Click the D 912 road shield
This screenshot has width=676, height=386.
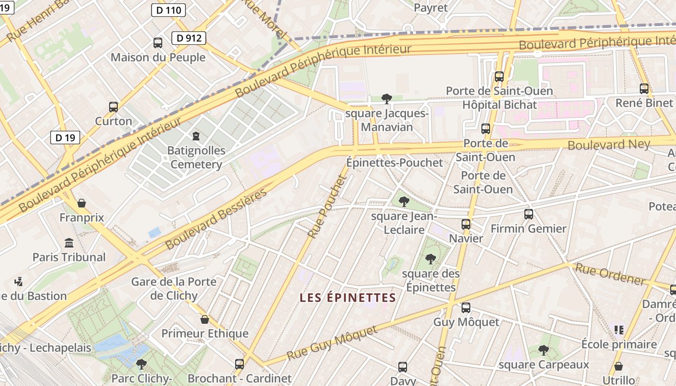[x=189, y=38]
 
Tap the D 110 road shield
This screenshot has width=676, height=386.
[x=169, y=10]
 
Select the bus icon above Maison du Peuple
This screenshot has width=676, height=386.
[x=158, y=43]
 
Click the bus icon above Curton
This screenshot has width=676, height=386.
[x=113, y=107]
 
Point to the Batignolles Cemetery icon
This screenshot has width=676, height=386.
[x=196, y=136]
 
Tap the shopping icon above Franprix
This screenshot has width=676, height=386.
[x=82, y=203]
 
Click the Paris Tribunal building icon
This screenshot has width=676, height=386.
[x=69, y=243]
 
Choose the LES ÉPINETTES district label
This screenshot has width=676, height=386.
[x=348, y=298]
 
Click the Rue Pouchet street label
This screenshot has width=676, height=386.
[x=327, y=207]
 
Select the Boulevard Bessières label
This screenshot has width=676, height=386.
[x=216, y=220]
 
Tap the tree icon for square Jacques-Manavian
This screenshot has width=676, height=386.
[x=386, y=99]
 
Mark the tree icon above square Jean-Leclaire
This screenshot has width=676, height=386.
[x=404, y=202]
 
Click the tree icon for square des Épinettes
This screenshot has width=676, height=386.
[x=430, y=259]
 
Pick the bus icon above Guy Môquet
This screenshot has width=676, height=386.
[x=466, y=307]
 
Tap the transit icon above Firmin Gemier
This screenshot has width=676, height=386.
[x=529, y=214]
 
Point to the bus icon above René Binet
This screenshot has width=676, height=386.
[x=644, y=88]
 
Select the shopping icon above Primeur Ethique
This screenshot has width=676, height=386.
[x=205, y=319]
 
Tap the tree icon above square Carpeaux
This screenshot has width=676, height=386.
[x=544, y=350]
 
